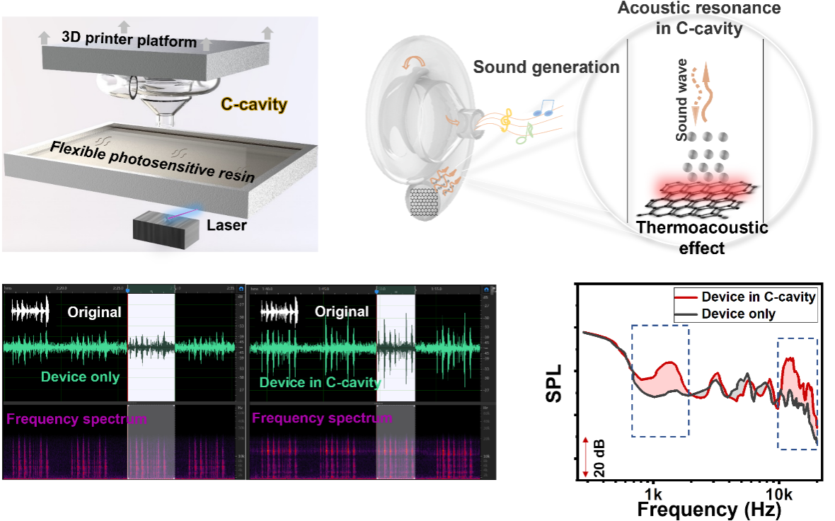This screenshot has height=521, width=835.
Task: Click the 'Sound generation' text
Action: pyautogui.click(x=546, y=68)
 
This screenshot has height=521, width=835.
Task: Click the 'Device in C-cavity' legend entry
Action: pyautogui.click(x=757, y=297)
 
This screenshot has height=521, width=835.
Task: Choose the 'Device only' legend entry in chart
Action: pyautogui.click(x=738, y=314)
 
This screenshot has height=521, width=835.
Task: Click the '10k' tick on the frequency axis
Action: pyautogui.click(x=778, y=492)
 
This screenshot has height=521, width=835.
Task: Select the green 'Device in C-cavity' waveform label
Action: pyautogui.click(x=320, y=383)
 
